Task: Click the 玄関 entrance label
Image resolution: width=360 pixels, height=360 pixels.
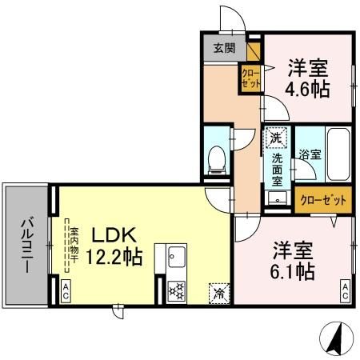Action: (225, 48)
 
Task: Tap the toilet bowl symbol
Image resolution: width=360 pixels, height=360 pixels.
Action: (217, 160)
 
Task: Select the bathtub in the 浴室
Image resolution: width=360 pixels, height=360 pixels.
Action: (338, 154)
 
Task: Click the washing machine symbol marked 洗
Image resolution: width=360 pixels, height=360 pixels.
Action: (276, 138)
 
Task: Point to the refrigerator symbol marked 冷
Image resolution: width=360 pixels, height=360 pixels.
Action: (219, 294)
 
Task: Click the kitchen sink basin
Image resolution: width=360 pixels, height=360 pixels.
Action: (177, 257)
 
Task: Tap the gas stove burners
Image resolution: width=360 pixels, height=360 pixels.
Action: (177, 290)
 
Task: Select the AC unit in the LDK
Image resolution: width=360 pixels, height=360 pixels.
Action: (66, 291)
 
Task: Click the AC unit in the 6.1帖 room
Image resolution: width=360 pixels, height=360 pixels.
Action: (346, 291)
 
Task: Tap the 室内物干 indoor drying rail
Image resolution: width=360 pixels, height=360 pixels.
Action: (67, 246)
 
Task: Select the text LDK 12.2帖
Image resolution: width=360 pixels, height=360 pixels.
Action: (114, 246)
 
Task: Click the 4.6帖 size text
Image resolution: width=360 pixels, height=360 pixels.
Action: (307, 89)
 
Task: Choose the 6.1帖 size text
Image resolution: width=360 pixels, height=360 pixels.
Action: (293, 271)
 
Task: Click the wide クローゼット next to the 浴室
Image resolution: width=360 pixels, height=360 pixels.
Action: (323, 199)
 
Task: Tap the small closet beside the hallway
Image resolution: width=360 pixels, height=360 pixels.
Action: (250, 78)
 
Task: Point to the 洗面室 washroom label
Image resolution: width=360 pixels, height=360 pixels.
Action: (277, 170)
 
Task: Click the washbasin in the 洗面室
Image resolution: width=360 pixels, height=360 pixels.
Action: (278, 198)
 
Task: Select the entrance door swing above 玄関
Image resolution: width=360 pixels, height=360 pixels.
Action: (232, 19)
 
